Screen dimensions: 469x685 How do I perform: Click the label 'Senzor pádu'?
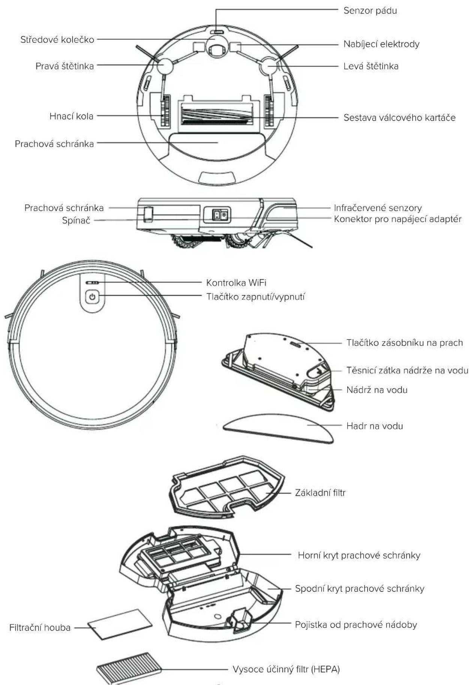point(370,11)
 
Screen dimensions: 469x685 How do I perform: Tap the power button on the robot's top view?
point(92,297)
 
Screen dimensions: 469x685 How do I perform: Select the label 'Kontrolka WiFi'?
point(236,282)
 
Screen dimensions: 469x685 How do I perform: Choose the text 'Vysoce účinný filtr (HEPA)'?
point(286,669)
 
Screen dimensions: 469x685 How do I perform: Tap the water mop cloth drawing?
point(278,428)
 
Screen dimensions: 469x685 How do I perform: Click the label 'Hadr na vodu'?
point(375,426)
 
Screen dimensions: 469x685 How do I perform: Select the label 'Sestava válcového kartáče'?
point(400,117)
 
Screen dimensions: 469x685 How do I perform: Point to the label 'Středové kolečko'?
point(57,39)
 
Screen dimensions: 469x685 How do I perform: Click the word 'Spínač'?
point(76,220)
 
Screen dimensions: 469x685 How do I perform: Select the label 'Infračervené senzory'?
point(378,208)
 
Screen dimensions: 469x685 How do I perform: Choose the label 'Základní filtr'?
point(320,493)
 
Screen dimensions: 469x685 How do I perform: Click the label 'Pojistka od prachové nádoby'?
point(356,625)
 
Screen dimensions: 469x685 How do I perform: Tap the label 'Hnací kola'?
point(71,116)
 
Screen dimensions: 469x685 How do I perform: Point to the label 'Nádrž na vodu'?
point(377,390)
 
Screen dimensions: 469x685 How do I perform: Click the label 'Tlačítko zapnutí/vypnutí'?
point(255,297)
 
